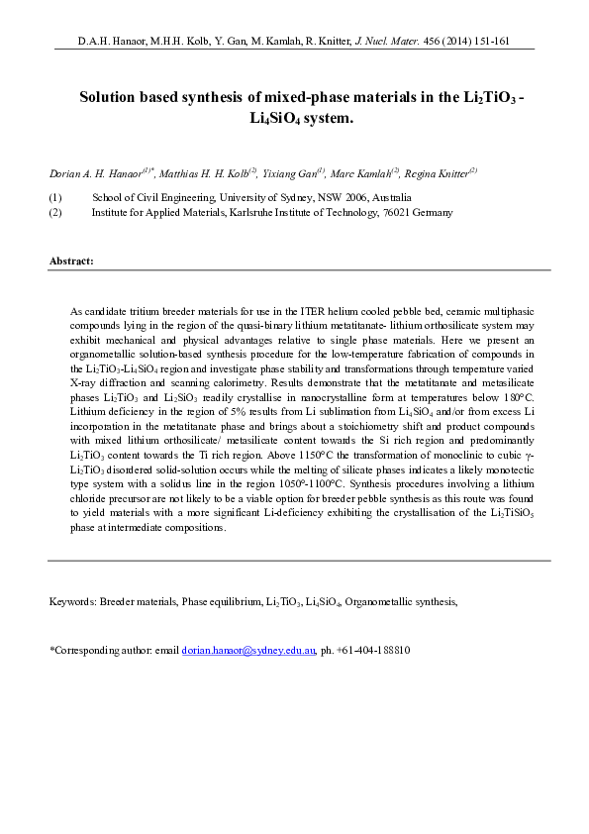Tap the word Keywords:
tap(73, 601)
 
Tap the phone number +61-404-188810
tap(373, 651)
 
